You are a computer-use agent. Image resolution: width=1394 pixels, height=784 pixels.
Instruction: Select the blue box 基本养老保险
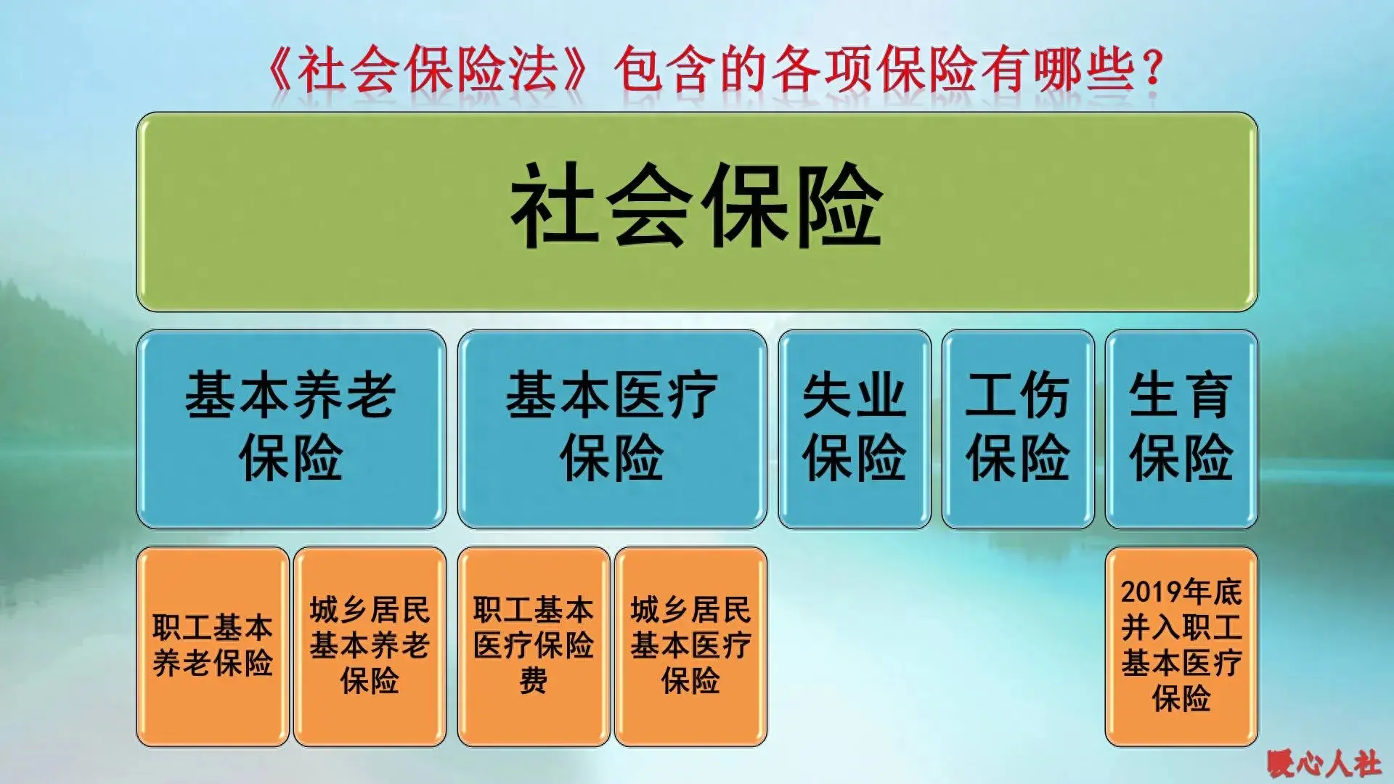point(290,428)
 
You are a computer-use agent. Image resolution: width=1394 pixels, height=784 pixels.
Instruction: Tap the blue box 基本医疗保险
point(612,428)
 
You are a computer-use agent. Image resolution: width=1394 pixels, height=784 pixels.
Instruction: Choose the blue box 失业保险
point(854,428)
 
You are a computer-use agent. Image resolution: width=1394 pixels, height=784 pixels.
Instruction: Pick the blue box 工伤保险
point(1017,428)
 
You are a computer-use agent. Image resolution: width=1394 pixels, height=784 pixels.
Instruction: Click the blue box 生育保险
point(1181,428)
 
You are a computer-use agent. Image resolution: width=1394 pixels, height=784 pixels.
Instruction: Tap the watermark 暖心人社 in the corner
point(1324,763)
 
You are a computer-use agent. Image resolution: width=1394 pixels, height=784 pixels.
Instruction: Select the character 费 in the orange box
point(534,682)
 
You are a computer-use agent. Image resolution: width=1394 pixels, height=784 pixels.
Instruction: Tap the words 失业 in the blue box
point(854,396)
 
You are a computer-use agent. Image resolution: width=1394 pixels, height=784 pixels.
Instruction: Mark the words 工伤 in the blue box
point(1017,396)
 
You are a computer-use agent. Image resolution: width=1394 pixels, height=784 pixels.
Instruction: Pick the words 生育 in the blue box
point(1181,396)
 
